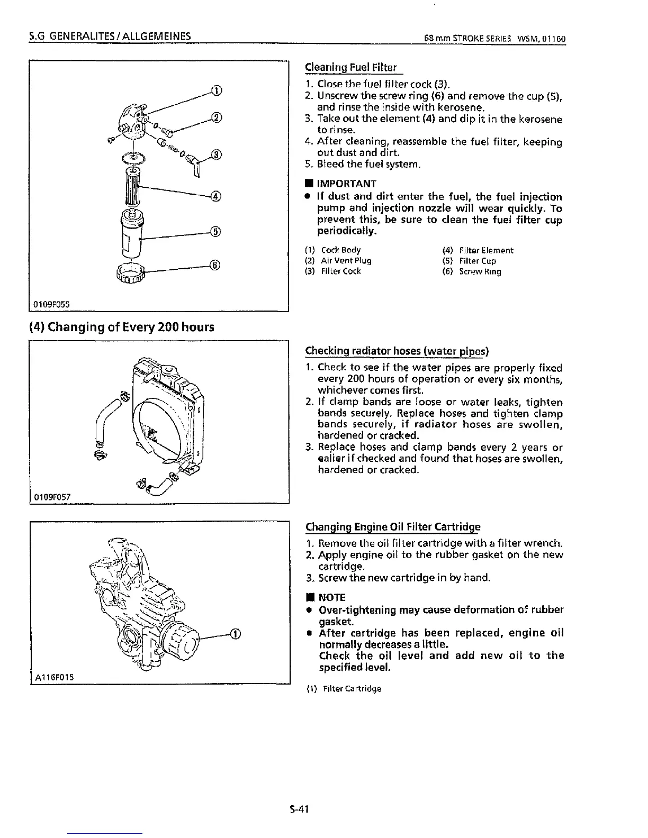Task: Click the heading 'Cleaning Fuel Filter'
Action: click(351, 68)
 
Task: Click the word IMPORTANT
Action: click(346, 184)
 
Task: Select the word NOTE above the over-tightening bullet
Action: click(332, 597)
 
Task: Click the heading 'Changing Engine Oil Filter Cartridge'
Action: click(393, 527)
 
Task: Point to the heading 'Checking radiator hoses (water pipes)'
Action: click(397, 352)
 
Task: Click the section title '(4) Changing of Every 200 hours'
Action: click(122, 327)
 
